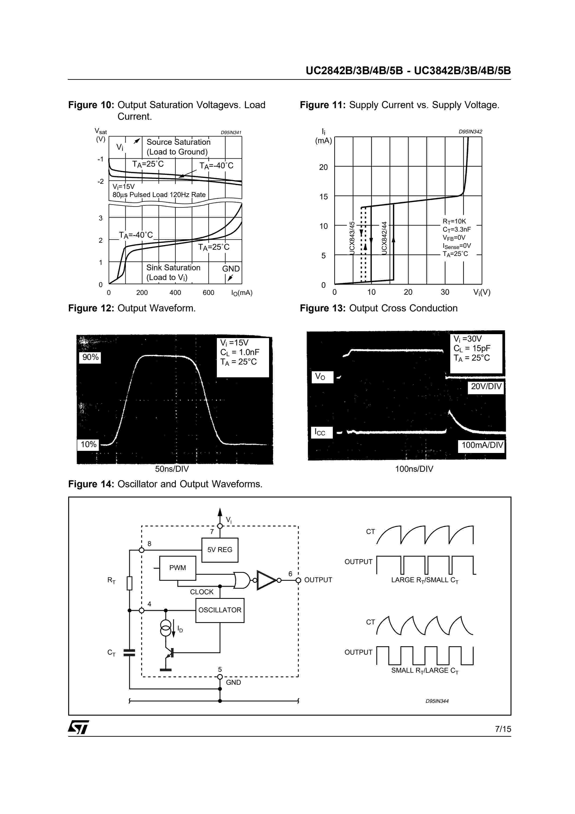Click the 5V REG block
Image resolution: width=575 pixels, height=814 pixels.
[x=220, y=550]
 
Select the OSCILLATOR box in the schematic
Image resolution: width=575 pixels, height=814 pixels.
[x=220, y=610]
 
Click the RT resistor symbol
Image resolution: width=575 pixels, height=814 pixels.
[x=129, y=583]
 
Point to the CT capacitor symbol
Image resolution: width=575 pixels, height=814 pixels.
[x=129, y=653]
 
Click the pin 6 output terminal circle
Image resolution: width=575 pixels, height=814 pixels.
[x=298, y=580]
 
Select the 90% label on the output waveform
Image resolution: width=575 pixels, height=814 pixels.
[x=90, y=357]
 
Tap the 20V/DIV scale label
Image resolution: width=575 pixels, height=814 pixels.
[x=486, y=386]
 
